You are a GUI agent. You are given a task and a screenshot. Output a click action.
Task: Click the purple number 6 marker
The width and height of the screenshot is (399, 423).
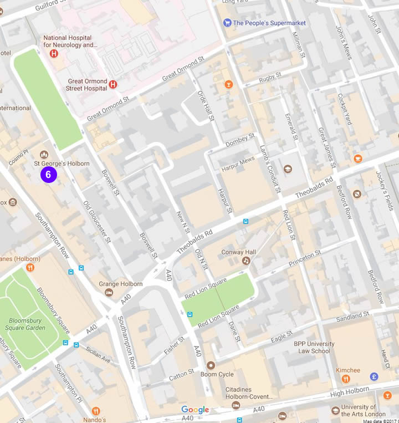point(48,174)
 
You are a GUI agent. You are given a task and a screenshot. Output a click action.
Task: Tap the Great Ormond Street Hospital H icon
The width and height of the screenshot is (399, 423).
point(113,84)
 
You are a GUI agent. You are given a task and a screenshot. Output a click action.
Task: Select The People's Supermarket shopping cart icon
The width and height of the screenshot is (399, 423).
point(227,23)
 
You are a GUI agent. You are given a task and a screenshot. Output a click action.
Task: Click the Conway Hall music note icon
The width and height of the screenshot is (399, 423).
point(246,261)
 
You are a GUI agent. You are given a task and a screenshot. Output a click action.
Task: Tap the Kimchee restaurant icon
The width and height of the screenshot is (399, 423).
point(346,379)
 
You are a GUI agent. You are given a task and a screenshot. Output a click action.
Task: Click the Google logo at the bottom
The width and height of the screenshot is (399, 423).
point(195,410)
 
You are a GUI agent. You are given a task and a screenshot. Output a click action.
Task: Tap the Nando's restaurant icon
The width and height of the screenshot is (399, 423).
point(96,411)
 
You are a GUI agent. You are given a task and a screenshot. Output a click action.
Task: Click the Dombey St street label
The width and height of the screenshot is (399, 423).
point(240,140)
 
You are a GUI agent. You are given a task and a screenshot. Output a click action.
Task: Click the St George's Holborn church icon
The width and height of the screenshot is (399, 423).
point(44,154)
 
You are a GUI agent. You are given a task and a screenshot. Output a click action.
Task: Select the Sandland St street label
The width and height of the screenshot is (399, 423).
point(352,317)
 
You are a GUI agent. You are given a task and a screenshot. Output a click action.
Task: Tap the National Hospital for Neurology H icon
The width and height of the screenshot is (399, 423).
point(54,54)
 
